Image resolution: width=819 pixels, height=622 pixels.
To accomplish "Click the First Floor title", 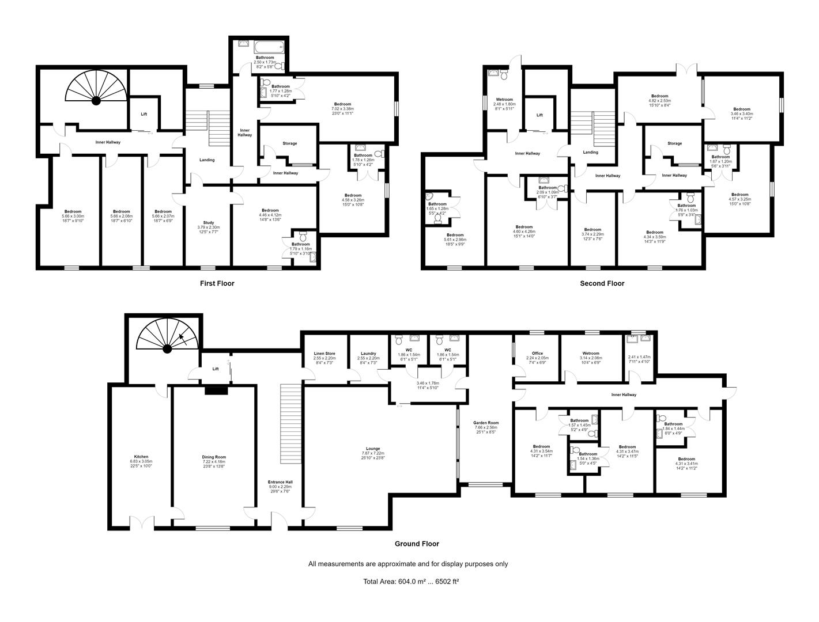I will coord(217,283).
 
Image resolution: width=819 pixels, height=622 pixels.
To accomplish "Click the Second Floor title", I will coord(602,283).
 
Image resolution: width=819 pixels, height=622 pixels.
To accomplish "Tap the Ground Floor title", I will coord(416,544).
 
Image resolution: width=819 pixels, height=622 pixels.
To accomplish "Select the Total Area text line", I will coord(410,582).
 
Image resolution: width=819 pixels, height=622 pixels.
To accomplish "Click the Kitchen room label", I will coord(141,457).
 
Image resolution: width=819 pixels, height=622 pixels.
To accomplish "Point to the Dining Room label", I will coord(213,457).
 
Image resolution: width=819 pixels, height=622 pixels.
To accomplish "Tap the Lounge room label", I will coord(373,449).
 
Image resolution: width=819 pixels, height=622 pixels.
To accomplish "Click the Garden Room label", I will coord(486,423).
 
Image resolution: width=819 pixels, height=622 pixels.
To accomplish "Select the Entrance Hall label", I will coord(280,482).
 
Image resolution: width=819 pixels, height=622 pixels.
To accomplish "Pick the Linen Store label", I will coord(324,354).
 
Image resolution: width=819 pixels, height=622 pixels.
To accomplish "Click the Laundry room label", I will coord(368,354).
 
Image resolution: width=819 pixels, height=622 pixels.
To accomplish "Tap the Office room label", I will coord(537,354).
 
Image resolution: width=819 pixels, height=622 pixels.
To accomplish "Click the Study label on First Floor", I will coord(208,223).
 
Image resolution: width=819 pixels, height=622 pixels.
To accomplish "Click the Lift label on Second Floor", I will coord(539,115).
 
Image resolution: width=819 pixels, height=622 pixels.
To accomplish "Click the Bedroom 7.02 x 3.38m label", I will coord(342,104).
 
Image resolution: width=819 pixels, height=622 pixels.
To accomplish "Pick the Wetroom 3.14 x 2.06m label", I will coord(591,354).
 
